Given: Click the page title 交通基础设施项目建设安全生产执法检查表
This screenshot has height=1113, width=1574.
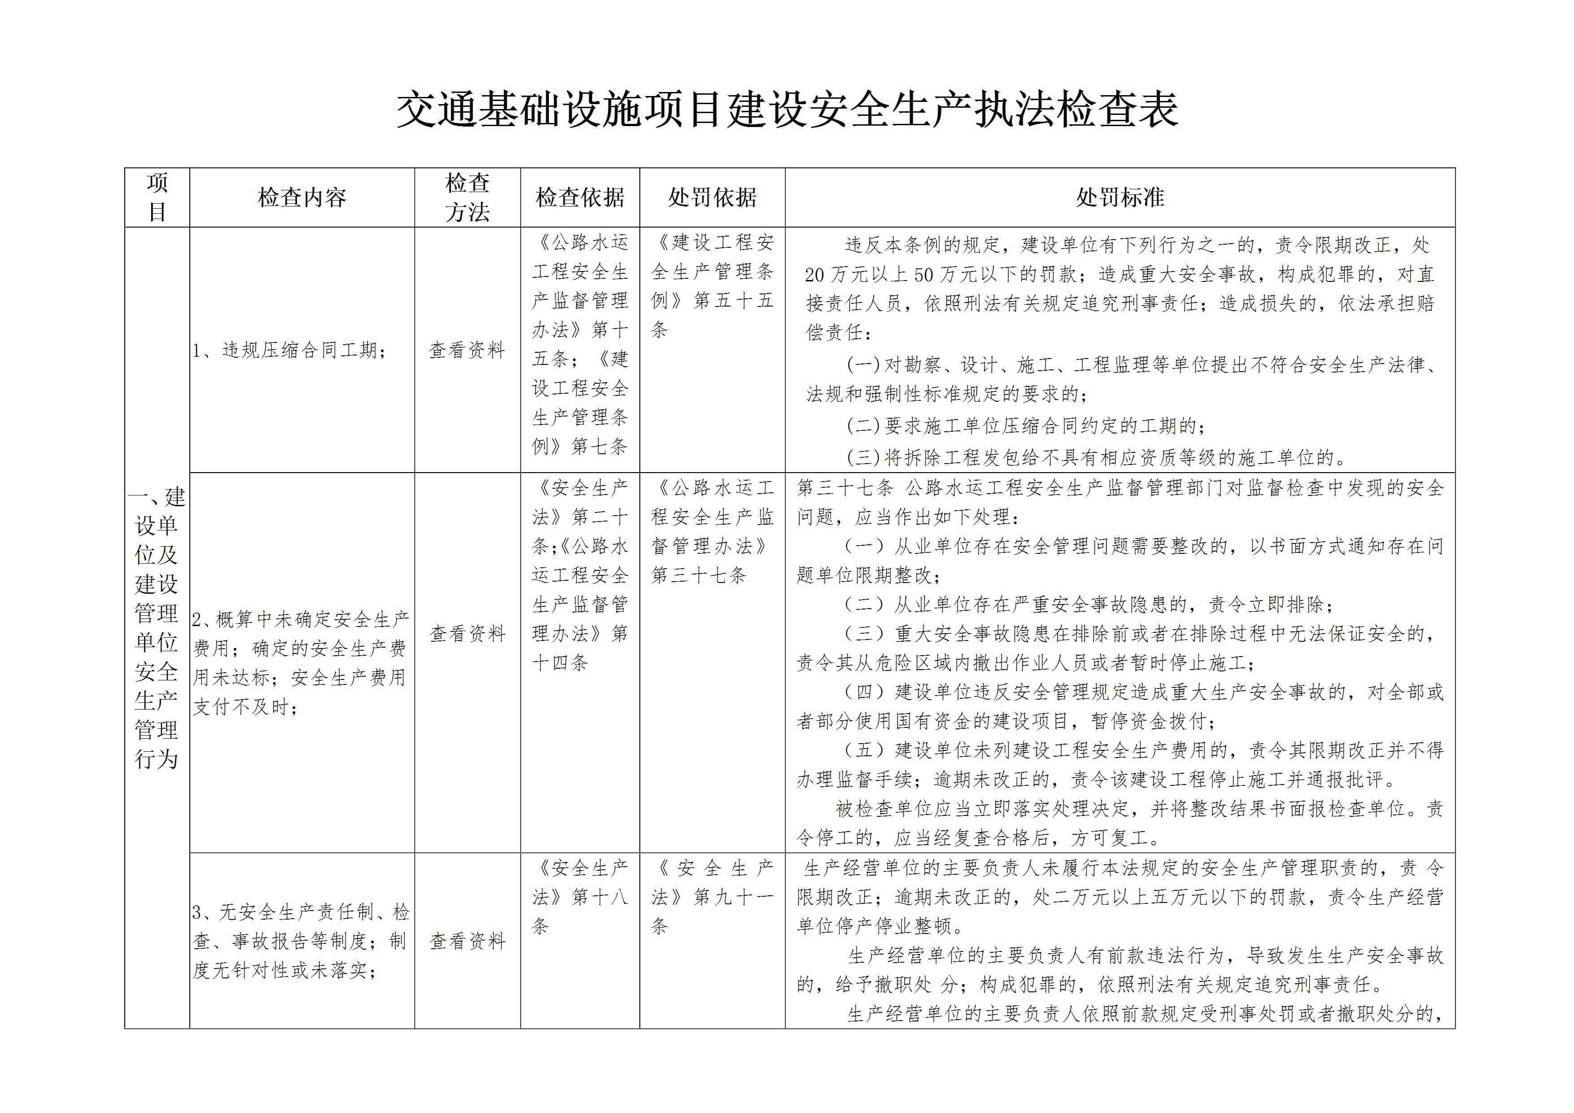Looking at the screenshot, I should (787, 110).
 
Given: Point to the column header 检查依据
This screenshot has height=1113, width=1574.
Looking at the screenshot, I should (580, 197).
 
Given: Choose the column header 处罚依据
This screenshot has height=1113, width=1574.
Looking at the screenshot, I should (712, 197).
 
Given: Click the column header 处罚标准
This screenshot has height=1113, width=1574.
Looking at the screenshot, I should (1119, 197).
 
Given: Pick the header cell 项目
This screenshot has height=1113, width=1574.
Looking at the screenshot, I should (157, 197).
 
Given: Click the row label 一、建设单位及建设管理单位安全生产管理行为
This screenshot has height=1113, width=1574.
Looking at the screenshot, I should (157, 627).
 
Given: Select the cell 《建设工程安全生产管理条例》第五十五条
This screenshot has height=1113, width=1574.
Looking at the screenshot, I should (712, 286).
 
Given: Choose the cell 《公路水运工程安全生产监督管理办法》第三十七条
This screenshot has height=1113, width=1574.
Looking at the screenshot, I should (712, 531).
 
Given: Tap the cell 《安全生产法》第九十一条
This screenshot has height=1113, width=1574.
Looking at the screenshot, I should (712, 897).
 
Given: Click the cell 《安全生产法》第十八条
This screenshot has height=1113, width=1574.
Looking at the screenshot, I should (580, 897).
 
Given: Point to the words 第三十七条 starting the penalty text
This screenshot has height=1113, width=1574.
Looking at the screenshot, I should (844, 488).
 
